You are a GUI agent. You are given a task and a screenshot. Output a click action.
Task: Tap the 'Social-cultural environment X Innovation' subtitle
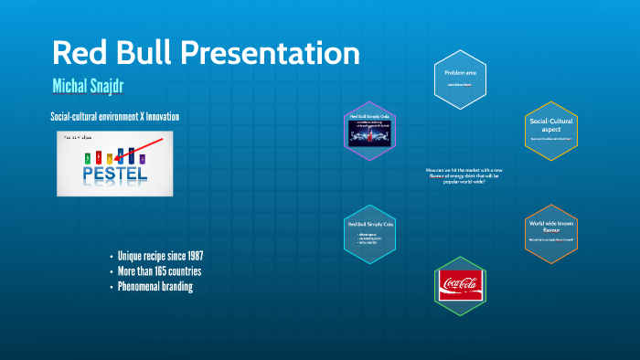114,117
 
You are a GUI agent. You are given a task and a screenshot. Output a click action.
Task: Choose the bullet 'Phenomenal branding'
155,287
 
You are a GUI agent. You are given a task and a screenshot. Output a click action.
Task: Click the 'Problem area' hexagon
459,77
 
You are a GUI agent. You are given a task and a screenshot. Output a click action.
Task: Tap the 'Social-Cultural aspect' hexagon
551,130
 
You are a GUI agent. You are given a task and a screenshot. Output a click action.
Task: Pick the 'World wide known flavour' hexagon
551,234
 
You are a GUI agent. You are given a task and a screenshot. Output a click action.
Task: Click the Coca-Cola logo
460,284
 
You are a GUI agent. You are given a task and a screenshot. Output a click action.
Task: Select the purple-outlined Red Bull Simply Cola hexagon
370,131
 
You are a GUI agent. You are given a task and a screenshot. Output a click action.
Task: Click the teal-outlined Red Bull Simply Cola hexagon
370,234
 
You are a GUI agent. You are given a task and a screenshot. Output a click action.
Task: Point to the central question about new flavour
460,175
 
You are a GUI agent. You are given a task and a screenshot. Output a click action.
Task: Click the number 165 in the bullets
165,271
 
